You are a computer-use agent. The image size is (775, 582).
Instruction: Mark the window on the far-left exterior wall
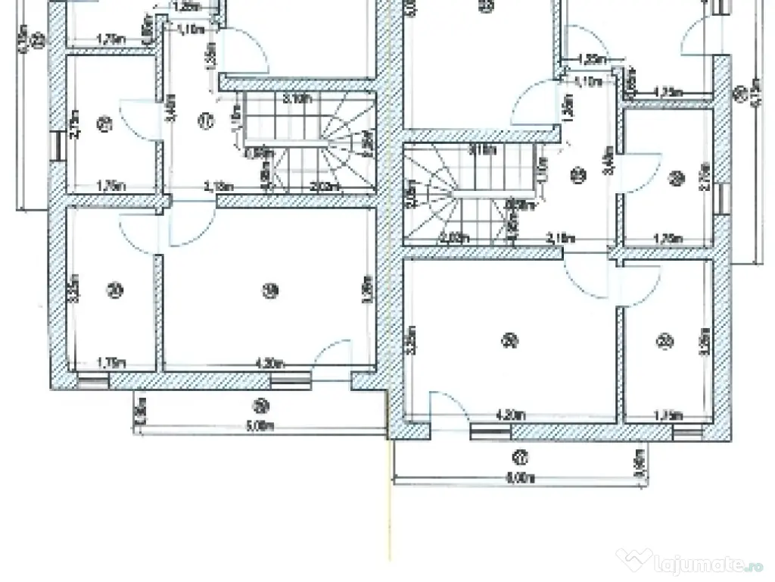point(56,145)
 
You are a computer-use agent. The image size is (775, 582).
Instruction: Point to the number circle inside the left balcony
point(261,404)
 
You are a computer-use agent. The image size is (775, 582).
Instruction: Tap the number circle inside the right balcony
point(521,457)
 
